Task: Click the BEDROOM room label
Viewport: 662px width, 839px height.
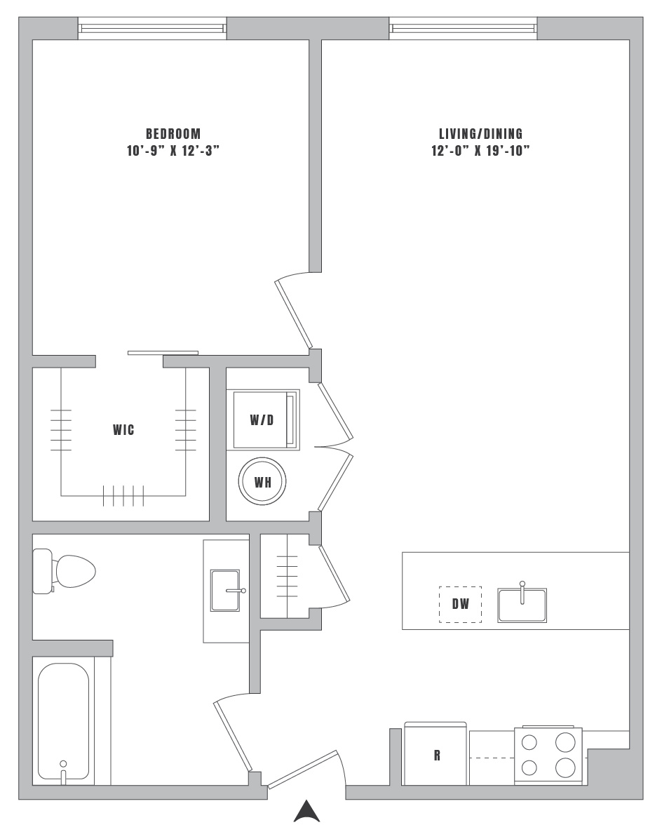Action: point(173,133)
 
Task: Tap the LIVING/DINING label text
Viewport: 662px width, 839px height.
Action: point(481,133)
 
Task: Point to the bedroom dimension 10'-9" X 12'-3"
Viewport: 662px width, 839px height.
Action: point(173,151)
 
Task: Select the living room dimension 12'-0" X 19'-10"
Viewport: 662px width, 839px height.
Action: point(481,151)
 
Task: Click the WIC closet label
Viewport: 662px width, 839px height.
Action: point(123,429)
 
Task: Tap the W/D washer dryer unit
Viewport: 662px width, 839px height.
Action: point(266,419)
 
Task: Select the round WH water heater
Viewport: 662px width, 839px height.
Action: point(262,481)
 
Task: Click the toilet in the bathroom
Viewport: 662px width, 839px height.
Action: point(64,571)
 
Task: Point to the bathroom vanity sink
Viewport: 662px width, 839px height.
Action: point(227,590)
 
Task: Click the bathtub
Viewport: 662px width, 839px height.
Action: point(64,722)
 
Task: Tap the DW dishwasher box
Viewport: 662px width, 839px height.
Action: point(461,604)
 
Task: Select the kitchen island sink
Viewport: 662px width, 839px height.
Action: point(522,604)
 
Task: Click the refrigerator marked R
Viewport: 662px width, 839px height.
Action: point(435,754)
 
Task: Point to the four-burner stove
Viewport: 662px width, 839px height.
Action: point(548,755)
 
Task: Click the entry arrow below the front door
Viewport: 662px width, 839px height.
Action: point(307,811)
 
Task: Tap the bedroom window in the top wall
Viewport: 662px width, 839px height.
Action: point(152,28)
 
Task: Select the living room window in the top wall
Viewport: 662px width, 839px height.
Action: point(463,28)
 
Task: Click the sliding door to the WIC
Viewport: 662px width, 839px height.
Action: point(163,353)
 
